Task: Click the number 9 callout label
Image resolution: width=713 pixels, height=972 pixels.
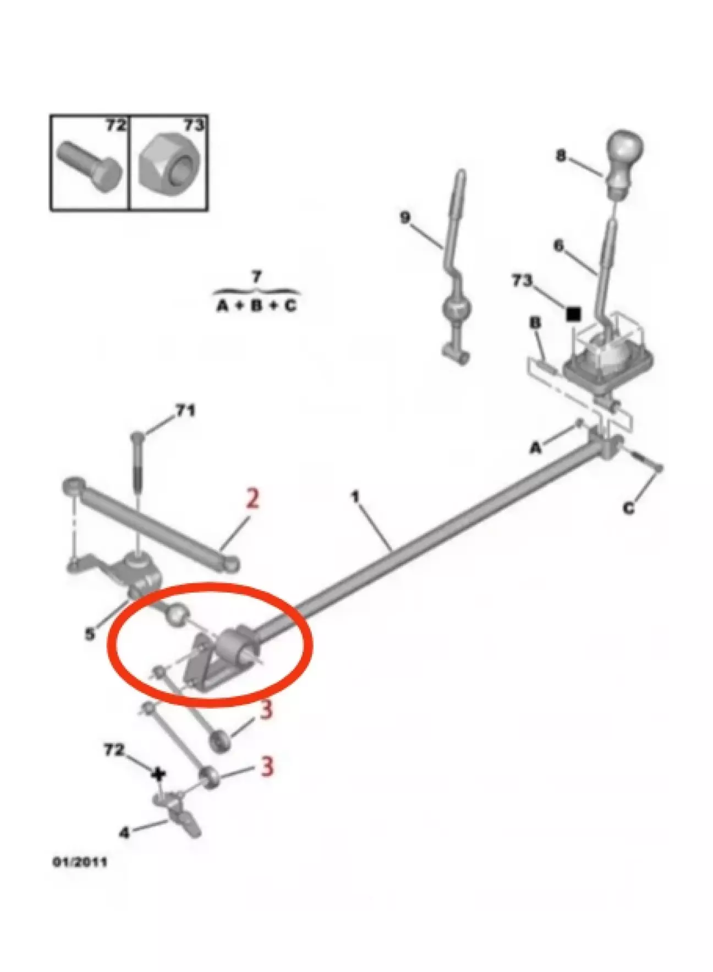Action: [x=405, y=218]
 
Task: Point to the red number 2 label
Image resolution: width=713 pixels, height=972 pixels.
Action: [x=252, y=500]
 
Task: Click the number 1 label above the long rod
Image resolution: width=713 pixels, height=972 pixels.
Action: [x=355, y=498]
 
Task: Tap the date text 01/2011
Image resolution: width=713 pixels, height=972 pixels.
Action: [x=79, y=876]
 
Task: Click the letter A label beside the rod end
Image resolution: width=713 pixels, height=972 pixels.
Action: [x=536, y=449]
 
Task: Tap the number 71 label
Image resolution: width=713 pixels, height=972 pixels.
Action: [x=185, y=411]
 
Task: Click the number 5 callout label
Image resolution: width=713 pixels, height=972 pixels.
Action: [x=90, y=634]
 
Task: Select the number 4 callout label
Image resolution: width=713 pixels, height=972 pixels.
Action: [x=124, y=833]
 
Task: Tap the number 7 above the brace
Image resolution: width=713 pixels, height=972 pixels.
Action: [x=256, y=276]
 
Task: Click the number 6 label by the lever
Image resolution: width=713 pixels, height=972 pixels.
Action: [x=558, y=245]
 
